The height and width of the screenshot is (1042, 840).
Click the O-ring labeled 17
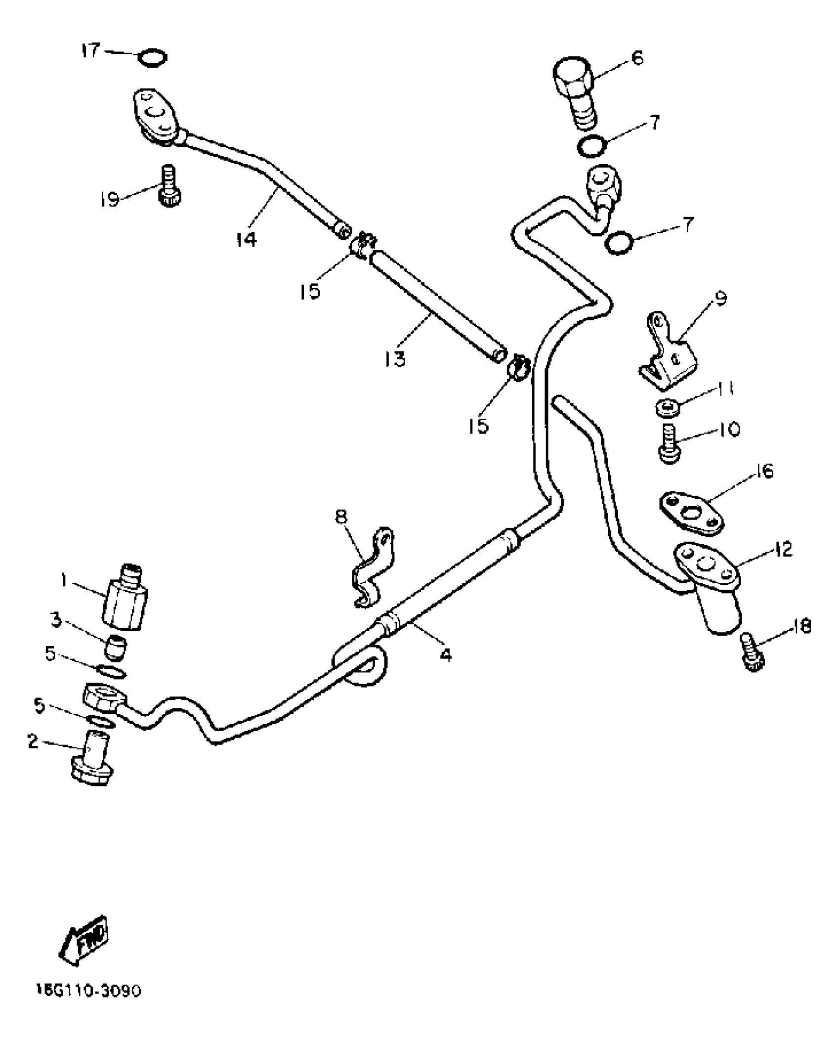(x=152, y=57)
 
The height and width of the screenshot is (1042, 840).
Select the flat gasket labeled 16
(x=692, y=512)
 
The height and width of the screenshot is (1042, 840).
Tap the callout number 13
(x=394, y=358)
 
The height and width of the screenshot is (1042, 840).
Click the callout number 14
(x=246, y=239)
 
